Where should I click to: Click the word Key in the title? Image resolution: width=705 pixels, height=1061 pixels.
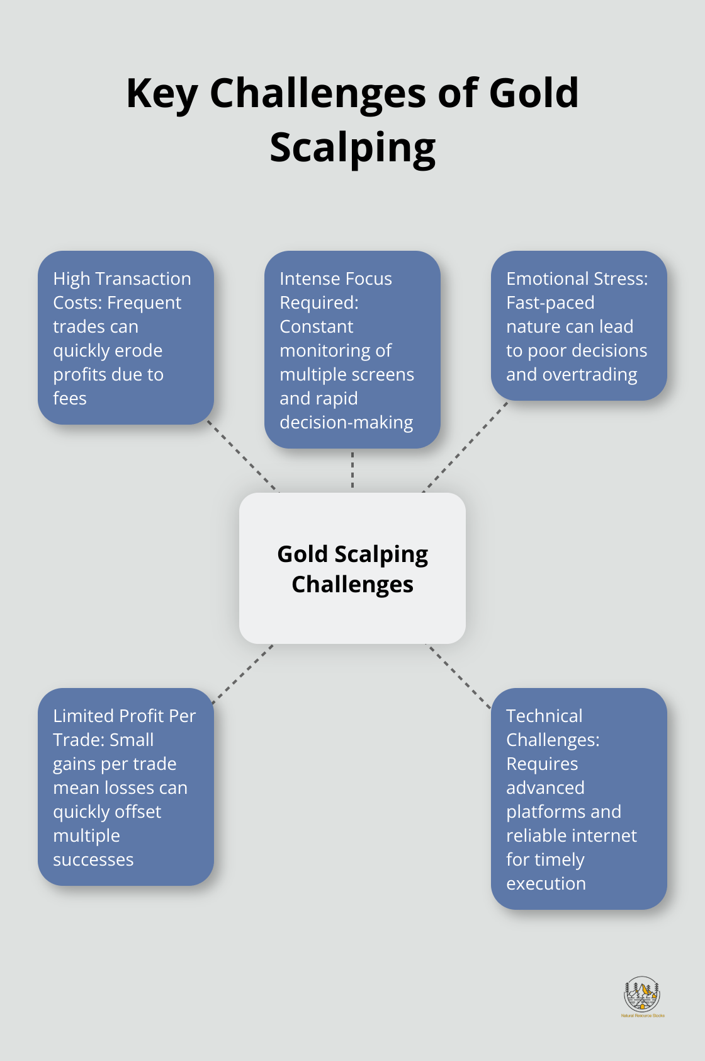coord(162,94)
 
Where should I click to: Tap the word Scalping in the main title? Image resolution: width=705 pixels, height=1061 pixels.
coord(352,148)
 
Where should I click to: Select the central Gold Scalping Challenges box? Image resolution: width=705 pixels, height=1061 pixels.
coord(352,568)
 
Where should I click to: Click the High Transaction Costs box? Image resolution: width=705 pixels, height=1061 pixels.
coord(126,338)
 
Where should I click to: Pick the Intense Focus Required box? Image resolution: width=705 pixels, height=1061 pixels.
coord(352,350)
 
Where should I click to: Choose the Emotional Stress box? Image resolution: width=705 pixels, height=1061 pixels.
coord(578,326)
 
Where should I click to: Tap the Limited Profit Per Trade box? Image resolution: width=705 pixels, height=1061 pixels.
coord(126,786)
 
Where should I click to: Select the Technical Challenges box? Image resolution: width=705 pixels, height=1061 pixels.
coord(578,798)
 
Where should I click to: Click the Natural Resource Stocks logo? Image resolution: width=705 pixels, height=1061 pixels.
coord(641,995)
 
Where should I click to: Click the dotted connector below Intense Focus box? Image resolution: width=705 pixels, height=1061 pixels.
coord(352,470)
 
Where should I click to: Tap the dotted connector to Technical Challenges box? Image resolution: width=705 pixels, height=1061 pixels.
coord(460,676)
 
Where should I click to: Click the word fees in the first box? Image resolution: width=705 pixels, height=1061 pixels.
coord(70,399)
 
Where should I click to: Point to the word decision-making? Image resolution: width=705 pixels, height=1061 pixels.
coord(346,423)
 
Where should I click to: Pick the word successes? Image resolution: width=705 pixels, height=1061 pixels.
coord(93,860)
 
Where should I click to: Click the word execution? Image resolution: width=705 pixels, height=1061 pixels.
coord(546,884)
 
